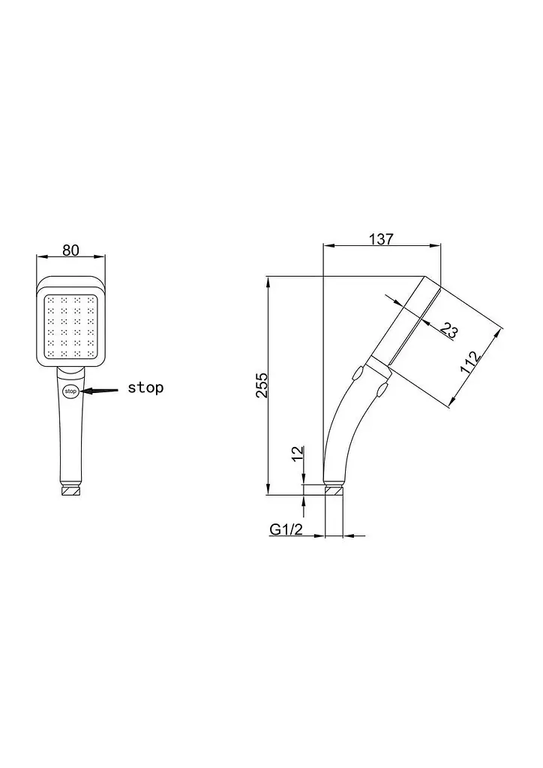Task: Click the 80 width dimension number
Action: point(71,250)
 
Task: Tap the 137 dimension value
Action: point(381,239)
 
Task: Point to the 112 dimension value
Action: point(472,363)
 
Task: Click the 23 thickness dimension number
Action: point(448,330)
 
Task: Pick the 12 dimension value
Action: point(298,454)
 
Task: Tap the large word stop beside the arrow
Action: point(145,388)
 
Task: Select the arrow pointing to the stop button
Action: point(100,390)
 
